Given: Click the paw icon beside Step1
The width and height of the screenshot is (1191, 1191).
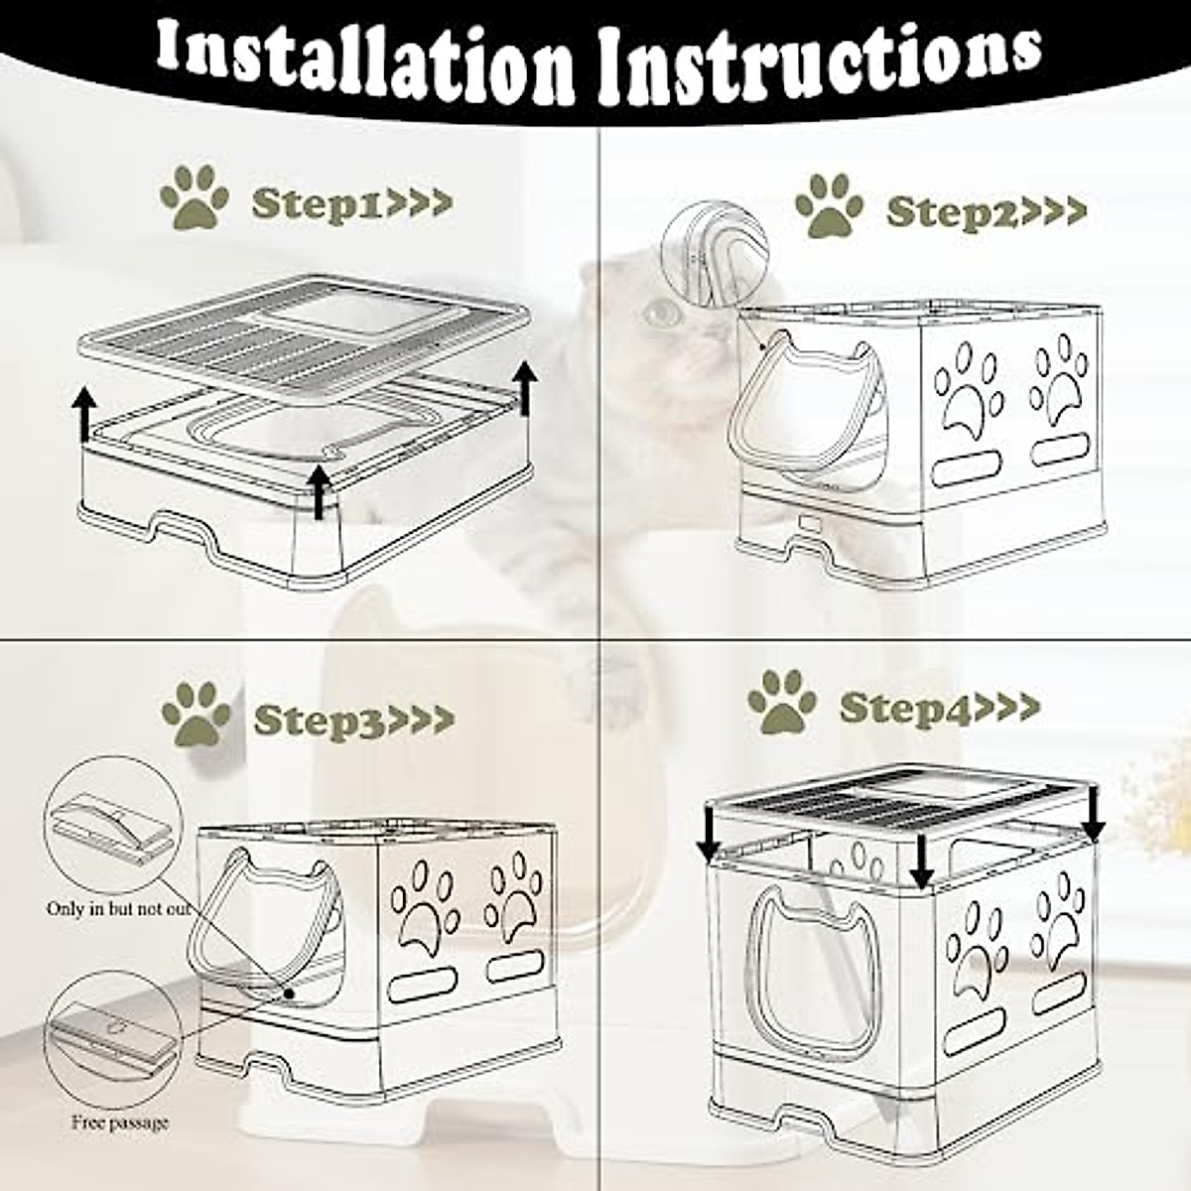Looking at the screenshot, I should pyautogui.click(x=194, y=197).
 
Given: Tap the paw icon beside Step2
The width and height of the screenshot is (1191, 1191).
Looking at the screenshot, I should pyautogui.click(x=829, y=205).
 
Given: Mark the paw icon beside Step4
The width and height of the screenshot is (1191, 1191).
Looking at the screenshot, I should pyautogui.click(x=782, y=701).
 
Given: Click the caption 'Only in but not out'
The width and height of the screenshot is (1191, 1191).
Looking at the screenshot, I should pyautogui.click(x=118, y=908).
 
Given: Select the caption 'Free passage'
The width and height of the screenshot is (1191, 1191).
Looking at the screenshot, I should pyautogui.click(x=119, y=1123).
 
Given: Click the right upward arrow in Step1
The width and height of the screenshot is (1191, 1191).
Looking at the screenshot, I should pyautogui.click(x=525, y=387).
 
